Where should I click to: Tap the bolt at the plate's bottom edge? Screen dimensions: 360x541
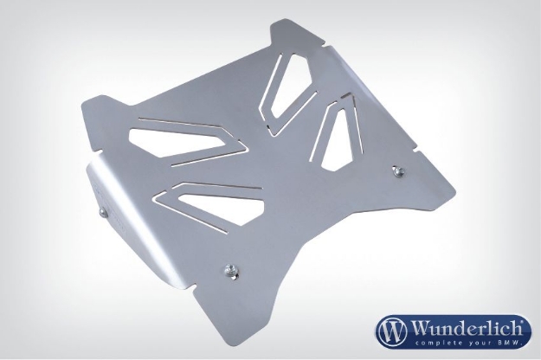[x=229, y=270]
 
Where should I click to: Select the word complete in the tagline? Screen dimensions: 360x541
[x=434, y=344]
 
